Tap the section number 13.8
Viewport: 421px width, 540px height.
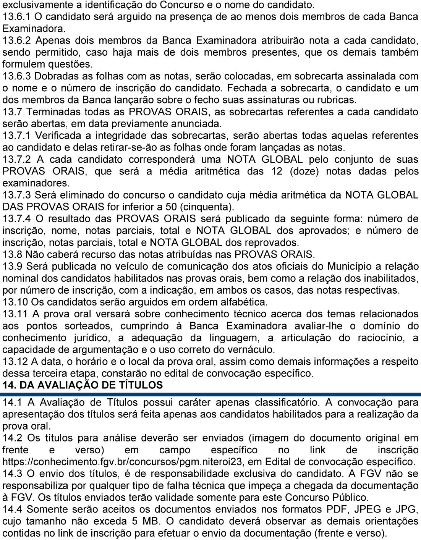[14, 254]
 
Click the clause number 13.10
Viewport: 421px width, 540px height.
[15, 302]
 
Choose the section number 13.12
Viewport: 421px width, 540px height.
[15, 361]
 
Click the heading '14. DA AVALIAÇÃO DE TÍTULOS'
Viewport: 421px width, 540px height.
[83, 385]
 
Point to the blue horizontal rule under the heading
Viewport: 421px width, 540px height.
[210, 394]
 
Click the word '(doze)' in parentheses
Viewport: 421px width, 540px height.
[304, 171]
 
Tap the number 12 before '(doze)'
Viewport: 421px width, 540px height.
[277, 171]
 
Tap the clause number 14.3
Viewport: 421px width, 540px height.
[14, 474]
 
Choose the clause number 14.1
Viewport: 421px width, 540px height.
[14, 403]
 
